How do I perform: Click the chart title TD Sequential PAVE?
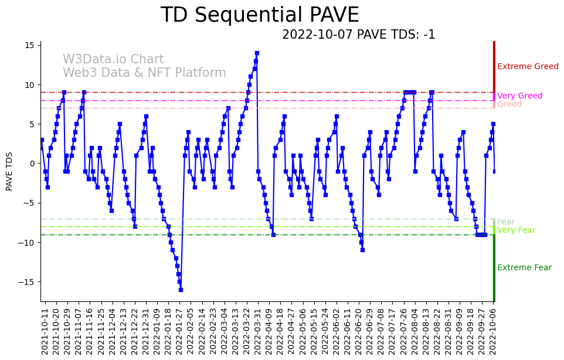(260, 15)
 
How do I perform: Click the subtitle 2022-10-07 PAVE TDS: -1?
(358, 35)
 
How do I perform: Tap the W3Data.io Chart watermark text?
(113, 60)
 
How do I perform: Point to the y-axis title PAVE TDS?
(9, 171)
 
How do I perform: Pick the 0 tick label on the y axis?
(33, 164)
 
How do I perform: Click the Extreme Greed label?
(528, 67)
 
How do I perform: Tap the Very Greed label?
(519, 96)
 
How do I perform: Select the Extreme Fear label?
(524, 268)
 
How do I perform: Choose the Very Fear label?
(516, 230)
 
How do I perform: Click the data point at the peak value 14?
(257, 53)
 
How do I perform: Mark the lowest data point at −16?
(181, 290)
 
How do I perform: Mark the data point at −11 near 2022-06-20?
(362, 250)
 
